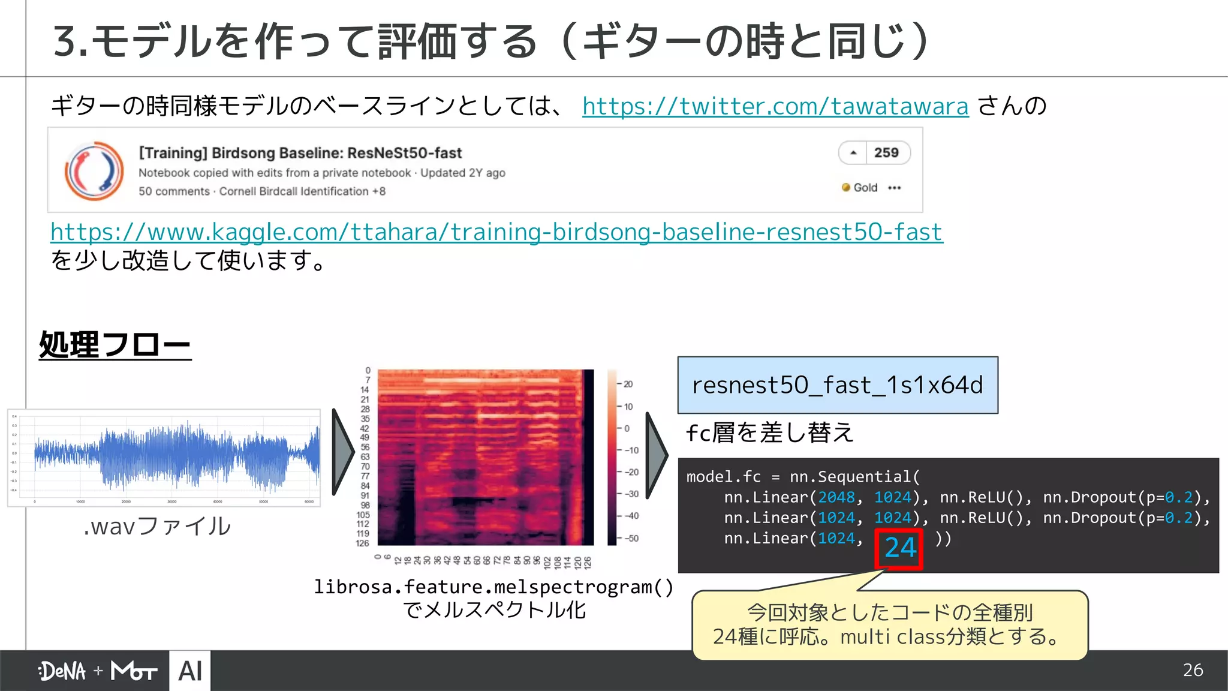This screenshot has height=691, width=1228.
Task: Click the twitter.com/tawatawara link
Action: coord(775,106)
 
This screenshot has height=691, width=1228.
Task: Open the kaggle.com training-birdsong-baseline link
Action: coord(496,232)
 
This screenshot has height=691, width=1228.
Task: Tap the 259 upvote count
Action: coord(886,153)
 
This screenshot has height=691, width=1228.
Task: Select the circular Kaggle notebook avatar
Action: coord(94,171)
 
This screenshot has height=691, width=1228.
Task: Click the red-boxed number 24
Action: coord(899,548)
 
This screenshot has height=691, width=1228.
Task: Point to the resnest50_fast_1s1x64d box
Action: coord(837,385)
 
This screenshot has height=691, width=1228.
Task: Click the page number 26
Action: coord(1193,670)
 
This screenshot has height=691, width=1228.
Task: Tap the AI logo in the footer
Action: coord(190,671)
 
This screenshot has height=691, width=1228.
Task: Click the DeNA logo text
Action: coord(62,671)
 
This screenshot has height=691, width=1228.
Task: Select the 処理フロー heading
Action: coord(115,345)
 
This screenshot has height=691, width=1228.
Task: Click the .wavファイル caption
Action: coord(158,526)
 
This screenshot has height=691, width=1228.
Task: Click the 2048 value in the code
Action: coord(836,497)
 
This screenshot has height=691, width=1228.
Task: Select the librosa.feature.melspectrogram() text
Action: coord(493,587)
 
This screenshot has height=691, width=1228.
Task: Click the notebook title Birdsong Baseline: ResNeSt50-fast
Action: coord(300,153)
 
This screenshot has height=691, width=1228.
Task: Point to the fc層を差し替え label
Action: coord(770,432)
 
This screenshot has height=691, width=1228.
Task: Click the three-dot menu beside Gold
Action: coord(895,188)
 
